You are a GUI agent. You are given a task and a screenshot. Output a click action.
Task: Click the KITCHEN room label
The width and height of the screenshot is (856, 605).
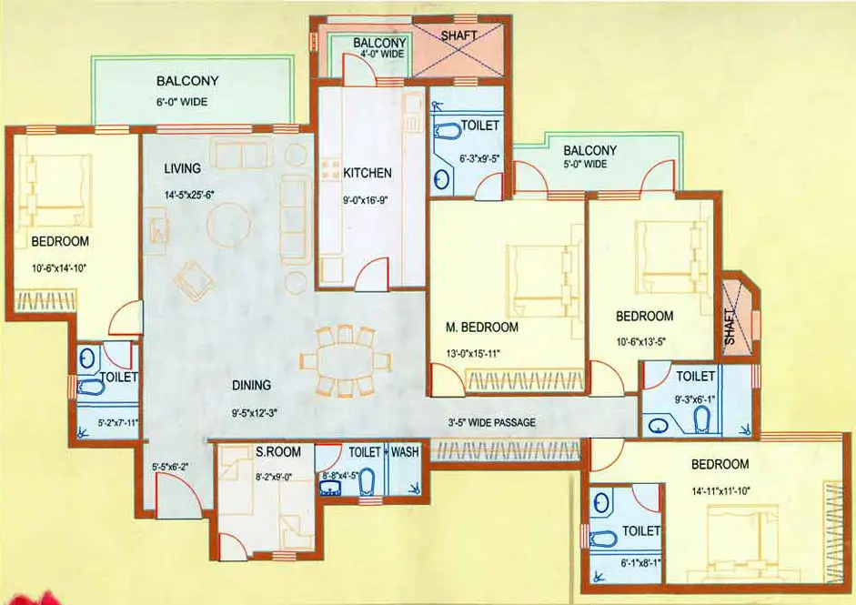point(368,173)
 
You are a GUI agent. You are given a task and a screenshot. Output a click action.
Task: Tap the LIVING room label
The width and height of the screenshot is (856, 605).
point(182,168)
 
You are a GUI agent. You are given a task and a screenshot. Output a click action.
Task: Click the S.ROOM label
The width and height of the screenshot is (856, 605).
point(247,451)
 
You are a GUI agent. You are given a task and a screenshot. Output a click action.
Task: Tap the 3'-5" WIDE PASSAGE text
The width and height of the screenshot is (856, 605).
point(492,422)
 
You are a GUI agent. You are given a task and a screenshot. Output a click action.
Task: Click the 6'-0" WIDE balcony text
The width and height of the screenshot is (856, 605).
point(180,102)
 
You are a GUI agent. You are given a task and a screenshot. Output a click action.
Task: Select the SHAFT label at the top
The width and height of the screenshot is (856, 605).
point(459,36)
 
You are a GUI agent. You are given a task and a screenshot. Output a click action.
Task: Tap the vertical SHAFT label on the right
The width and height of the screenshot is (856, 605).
point(731,325)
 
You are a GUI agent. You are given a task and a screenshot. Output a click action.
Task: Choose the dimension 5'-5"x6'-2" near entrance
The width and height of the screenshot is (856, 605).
point(170,469)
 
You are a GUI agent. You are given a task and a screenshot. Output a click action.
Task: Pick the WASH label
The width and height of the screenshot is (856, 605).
point(405,451)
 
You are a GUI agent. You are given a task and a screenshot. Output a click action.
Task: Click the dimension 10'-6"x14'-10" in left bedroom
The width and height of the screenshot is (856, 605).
point(61,269)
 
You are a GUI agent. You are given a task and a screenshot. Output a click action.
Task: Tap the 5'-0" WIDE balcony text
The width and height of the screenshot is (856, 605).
point(584,165)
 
